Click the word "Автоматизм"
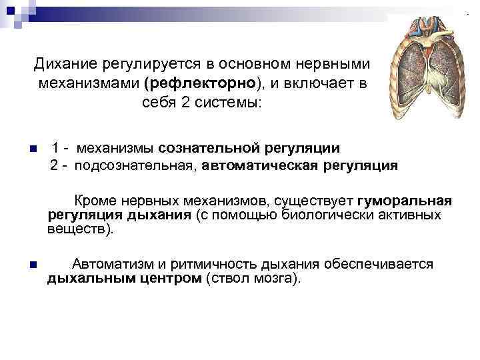coord(111,264)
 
